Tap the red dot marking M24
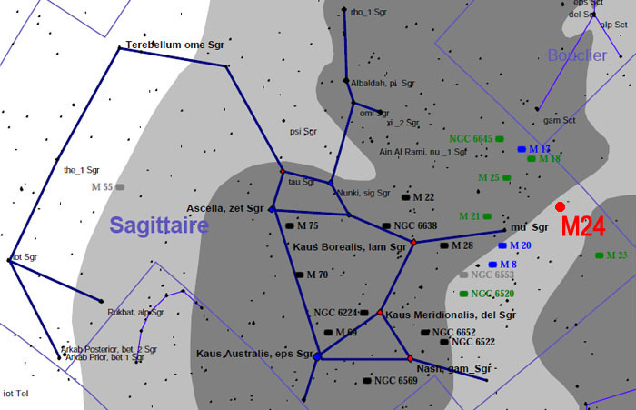pos(561,207)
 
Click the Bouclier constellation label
pos(577,55)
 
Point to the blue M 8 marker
pos(492,265)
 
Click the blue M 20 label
pos(520,245)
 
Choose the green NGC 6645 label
pos(470,138)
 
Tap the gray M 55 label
pos(102,186)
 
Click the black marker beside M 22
pos(406,197)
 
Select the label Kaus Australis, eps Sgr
pos(254,353)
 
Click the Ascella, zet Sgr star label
pos(224,208)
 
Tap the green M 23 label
pos(616,255)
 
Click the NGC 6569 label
pos(395,380)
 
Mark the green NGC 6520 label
pos(492,294)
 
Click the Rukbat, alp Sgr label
pos(135,312)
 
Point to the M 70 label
pos(317,274)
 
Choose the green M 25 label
pos(489,176)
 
